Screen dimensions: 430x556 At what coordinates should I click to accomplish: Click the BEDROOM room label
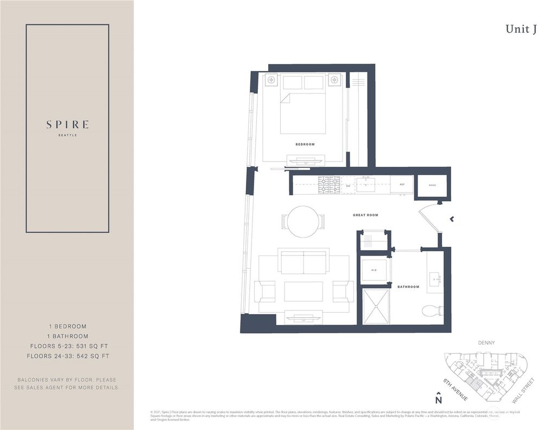click(x=305, y=145)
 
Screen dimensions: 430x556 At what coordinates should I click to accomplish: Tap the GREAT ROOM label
click(x=365, y=215)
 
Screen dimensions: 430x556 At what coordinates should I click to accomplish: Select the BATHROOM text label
click(x=408, y=286)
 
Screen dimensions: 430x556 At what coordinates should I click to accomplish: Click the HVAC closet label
click(x=432, y=185)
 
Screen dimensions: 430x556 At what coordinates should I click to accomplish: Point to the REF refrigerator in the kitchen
click(x=402, y=185)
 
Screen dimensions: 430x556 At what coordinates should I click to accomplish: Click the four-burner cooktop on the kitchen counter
click(x=329, y=185)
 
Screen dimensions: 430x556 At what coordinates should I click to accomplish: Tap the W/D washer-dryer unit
click(x=374, y=270)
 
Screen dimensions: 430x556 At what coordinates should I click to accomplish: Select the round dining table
click(x=303, y=222)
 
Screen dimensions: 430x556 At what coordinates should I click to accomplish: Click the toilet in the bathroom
click(x=433, y=311)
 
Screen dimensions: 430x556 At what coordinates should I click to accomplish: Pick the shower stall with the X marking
click(x=376, y=307)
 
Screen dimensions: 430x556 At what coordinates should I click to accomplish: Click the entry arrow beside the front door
click(x=451, y=219)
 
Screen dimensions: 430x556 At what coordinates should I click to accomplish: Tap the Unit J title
click(x=521, y=29)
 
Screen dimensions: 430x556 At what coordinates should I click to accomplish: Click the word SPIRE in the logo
click(x=67, y=124)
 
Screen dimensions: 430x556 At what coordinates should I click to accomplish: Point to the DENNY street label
click(x=486, y=343)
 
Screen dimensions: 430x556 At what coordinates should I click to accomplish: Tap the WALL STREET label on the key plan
click(x=526, y=389)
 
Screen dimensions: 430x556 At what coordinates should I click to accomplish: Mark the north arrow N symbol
click(x=438, y=398)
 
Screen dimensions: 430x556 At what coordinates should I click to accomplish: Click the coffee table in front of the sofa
click(x=304, y=291)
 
